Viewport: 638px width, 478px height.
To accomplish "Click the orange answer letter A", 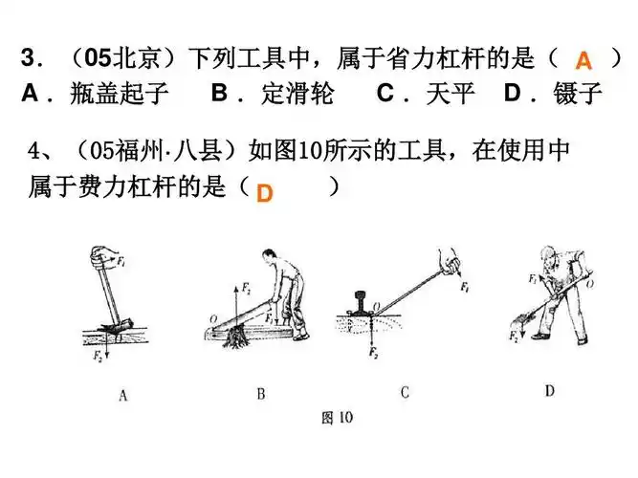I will point(583,62).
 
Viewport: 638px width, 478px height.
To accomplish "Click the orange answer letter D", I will point(264,194).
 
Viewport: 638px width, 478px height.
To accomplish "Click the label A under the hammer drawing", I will point(122,393).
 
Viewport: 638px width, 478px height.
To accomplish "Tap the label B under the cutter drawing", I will point(261,393).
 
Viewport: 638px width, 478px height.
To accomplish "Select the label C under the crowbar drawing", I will point(405,392).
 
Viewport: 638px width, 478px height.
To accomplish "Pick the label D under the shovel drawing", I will point(548,391).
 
